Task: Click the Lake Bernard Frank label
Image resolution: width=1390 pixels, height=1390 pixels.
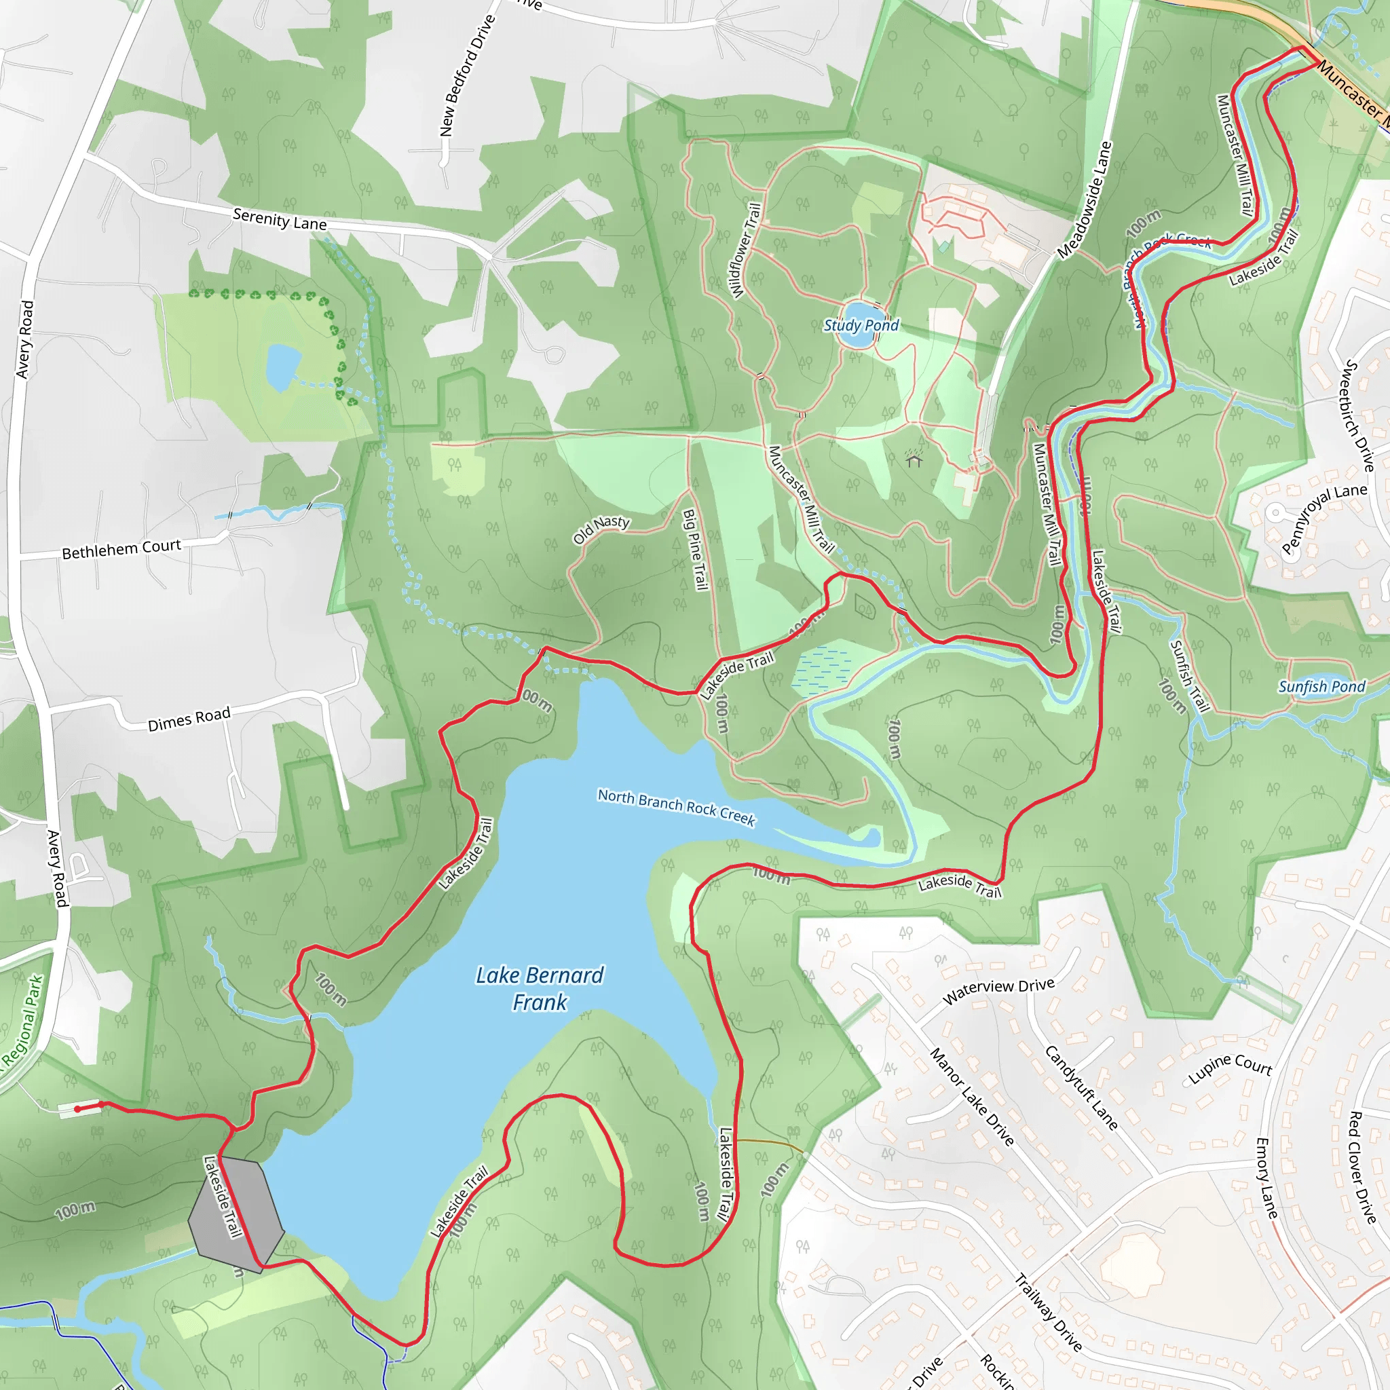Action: coord(540,988)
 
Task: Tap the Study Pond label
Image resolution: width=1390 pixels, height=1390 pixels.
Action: coord(861,325)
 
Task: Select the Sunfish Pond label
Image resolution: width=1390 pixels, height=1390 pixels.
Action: coord(1321,686)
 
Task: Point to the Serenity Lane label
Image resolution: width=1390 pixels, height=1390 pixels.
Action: coord(280,219)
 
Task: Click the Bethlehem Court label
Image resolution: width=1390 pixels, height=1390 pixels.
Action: coord(121,550)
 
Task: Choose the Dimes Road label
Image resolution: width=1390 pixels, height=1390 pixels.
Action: coord(189,719)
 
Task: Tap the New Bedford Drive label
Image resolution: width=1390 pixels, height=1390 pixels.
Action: coord(468,75)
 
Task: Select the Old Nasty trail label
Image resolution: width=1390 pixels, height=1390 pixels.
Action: coord(601,529)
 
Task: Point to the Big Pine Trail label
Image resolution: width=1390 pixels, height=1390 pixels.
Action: coord(695,550)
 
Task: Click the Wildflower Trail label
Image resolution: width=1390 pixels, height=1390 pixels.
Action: coord(745,250)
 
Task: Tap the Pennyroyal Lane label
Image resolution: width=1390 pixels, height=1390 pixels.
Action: coord(1323,518)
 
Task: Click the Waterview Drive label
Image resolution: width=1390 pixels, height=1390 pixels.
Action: coord(998,991)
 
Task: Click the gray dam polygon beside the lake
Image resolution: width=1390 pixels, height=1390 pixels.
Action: coord(236,1214)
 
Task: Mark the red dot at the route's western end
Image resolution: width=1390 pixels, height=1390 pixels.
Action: coord(77,1110)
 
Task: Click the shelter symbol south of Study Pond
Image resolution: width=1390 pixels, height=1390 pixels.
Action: coord(914,459)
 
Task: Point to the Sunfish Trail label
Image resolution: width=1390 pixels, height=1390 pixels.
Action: coord(1188,676)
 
